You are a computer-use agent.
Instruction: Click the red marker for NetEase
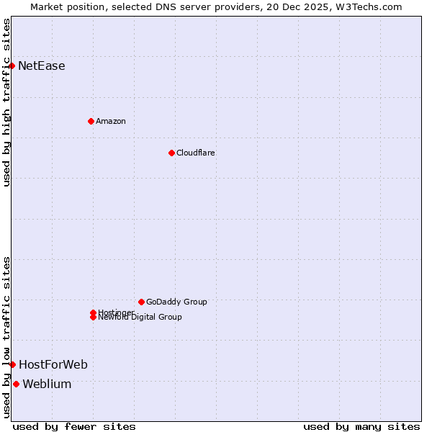click(12, 66)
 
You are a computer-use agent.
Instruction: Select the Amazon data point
click(91, 121)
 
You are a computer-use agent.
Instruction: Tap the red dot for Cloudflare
click(171, 153)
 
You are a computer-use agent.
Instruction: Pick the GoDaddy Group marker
click(141, 302)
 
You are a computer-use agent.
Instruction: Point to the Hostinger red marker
click(93, 312)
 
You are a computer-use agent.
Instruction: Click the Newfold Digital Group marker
click(93, 318)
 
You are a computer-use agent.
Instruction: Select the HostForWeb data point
click(12, 365)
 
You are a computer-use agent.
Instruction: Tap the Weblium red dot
click(16, 384)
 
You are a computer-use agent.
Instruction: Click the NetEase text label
click(42, 66)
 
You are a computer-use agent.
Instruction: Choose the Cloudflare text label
click(196, 153)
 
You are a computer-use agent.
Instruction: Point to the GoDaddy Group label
click(176, 302)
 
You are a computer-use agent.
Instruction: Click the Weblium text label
click(47, 384)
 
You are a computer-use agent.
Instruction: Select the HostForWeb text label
click(53, 365)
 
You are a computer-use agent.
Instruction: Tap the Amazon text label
click(111, 121)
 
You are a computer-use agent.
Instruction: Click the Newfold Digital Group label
click(140, 318)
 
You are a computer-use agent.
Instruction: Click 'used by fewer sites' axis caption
click(74, 426)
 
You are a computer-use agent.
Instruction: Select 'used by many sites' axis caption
click(361, 426)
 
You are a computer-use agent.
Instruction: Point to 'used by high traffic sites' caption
click(6, 103)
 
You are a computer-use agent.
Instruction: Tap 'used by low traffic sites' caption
click(6, 337)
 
